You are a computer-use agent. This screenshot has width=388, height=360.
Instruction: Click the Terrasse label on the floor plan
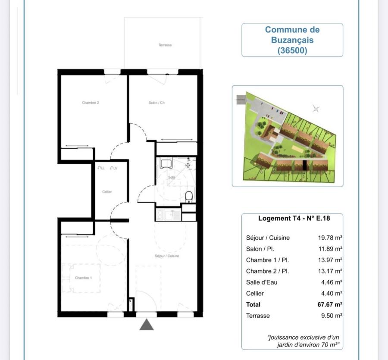pyautogui.click(x=165, y=45)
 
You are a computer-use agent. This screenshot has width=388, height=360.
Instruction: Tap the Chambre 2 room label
pyautogui.click(x=91, y=103)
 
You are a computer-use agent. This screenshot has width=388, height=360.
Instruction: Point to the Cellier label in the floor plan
pyautogui.click(x=107, y=191)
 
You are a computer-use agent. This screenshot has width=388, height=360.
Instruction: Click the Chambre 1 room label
pyautogui.click(x=83, y=278)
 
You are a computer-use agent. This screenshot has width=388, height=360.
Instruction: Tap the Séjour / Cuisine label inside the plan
pyautogui.click(x=167, y=256)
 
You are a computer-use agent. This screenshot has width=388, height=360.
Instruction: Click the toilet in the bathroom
pyautogui.click(x=188, y=197)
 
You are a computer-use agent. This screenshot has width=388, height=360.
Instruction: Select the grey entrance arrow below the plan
pyautogui.click(x=147, y=325)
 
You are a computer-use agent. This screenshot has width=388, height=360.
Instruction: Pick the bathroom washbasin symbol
pyautogui.click(x=166, y=163)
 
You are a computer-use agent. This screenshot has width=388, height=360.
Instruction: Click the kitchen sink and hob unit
pyautogui.click(x=168, y=214)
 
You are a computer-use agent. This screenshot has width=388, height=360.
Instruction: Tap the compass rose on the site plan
pyautogui.click(x=316, y=109)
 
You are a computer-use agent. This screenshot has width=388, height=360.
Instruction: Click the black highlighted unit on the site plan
pyautogui.click(x=304, y=165)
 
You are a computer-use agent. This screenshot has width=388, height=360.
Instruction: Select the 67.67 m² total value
pyautogui.click(x=330, y=304)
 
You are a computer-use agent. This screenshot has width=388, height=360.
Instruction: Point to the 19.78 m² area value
pyautogui.click(x=330, y=238)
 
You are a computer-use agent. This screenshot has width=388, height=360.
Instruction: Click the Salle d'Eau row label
pyautogui.click(x=262, y=282)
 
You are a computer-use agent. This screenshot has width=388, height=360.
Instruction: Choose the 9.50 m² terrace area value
pyautogui.click(x=332, y=316)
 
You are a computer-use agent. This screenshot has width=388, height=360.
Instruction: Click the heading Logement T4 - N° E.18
pyautogui.click(x=294, y=218)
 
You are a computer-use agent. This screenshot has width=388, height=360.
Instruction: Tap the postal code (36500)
pyautogui.click(x=292, y=50)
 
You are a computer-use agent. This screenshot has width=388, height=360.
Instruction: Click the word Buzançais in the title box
pyautogui.click(x=292, y=40)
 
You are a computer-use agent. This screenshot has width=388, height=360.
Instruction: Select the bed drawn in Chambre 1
pyautogui.click(x=82, y=279)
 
